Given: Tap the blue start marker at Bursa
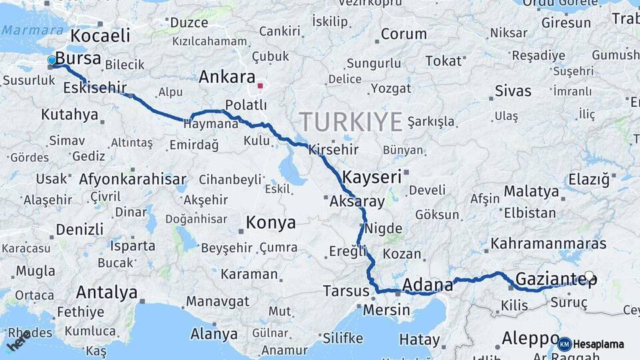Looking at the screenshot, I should tap(52, 61).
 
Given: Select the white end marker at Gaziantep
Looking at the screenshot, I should tap(589, 276).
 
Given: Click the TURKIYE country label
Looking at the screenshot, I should tap(351, 122).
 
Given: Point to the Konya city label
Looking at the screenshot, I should tap(271, 223).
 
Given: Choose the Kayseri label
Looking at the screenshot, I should tap(372, 177).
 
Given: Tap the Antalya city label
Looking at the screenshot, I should tap(107, 292).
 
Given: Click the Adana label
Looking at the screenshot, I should tap(427, 285).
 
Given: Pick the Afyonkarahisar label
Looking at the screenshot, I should tap(133, 179).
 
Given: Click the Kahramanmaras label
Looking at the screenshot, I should tap(549, 244).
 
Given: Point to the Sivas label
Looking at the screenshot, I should tap(513, 91).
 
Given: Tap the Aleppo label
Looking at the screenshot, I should tap(531, 337).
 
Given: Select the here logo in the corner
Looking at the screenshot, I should tap(18, 342).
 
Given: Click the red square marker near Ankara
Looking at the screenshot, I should tap(260, 85).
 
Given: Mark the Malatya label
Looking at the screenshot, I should tap(531, 192).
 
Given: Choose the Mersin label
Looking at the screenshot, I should tap(387, 310).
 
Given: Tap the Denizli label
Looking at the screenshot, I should tap(79, 229).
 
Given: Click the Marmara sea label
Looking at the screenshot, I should tap(24, 30).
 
